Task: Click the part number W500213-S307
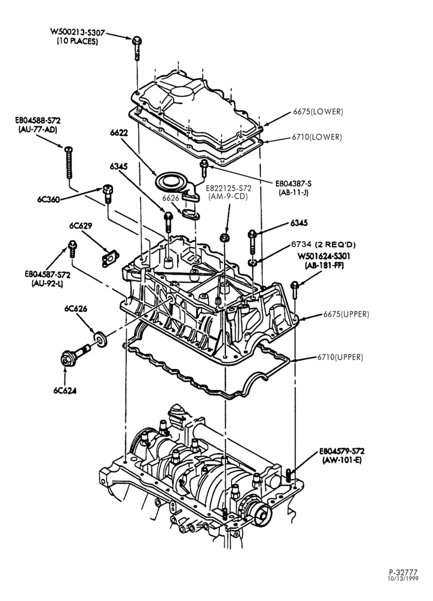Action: [77, 32]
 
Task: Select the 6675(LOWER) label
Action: [318, 112]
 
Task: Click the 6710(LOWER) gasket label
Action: [316, 137]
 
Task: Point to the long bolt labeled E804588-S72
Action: [69, 162]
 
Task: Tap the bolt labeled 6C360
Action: [108, 194]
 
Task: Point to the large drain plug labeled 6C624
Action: [75, 355]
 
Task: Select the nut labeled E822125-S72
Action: [225, 237]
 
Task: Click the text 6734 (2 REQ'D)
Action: [324, 245]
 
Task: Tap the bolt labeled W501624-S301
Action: [295, 290]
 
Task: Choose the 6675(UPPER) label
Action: [346, 314]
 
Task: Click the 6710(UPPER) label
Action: [340, 357]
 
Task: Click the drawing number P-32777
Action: [403, 572]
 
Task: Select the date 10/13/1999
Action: [403, 578]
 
